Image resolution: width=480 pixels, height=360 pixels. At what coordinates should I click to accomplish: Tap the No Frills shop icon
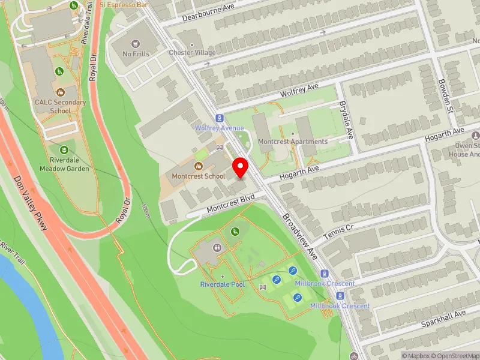tap(136, 43)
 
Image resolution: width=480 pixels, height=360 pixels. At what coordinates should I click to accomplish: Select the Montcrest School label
tap(198, 176)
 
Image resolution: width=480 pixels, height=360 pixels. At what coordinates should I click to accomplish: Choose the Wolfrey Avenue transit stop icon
tap(220, 118)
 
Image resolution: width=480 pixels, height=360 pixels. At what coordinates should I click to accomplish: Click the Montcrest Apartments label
tap(293, 142)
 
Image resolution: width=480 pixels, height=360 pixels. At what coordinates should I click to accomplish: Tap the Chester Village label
tap(192, 53)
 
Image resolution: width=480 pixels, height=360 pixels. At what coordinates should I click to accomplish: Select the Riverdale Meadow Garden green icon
tap(64, 149)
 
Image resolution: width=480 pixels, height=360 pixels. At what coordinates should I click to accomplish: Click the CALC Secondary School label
tap(60, 106)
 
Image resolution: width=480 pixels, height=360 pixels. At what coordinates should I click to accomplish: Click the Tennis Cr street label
tap(339, 233)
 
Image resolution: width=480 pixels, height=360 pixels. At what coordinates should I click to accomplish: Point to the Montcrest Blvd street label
tap(232, 203)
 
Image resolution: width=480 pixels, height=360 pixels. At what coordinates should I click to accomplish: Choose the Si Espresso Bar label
tap(124, 4)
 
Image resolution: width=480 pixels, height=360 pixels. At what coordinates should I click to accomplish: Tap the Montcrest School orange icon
tap(199, 166)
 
